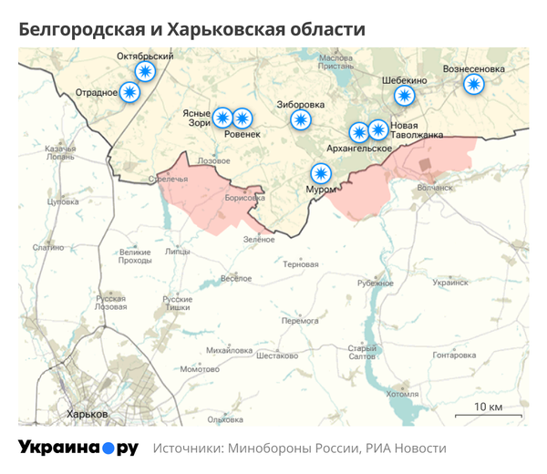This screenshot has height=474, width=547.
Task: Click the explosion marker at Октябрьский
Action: click(145, 72)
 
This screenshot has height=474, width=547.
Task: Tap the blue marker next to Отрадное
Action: click(131, 92)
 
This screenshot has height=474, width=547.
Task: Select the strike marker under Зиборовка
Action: click(300, 119)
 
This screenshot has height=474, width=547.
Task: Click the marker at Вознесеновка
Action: click(472, 84)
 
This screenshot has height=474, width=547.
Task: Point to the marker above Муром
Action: click(320, 172)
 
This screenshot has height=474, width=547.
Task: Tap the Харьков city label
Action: click(88, 414)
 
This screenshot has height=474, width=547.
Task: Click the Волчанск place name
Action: click(434, 188)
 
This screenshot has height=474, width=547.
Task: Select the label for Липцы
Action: click(178, 251)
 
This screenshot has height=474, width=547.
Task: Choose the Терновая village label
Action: click(301, 264)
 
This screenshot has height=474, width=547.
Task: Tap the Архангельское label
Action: click(361, 148)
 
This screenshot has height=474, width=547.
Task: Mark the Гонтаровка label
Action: click(455, 355)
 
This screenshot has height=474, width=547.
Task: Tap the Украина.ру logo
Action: click(78, 448)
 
